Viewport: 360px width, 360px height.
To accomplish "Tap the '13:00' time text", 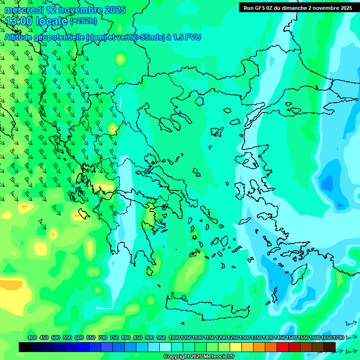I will [x=19, y=21].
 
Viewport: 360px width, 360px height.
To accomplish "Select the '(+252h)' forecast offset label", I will [x=83, y=21].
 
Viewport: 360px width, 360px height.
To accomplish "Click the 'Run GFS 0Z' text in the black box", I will [x=262, y=8].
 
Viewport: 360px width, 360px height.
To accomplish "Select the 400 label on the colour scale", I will [x=32, y=337].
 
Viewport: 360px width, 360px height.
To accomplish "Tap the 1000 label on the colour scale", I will [x=174, y=337].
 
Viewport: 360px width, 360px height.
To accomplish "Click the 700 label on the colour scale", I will [x=103, y=337].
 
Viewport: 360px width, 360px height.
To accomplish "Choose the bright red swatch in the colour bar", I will [x=283, y=347].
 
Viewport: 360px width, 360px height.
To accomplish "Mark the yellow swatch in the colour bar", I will [x=236, y=347].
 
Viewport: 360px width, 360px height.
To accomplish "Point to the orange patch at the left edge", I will [x=10, y=284].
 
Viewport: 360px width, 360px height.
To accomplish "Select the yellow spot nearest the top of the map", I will [x=121, y=59].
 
